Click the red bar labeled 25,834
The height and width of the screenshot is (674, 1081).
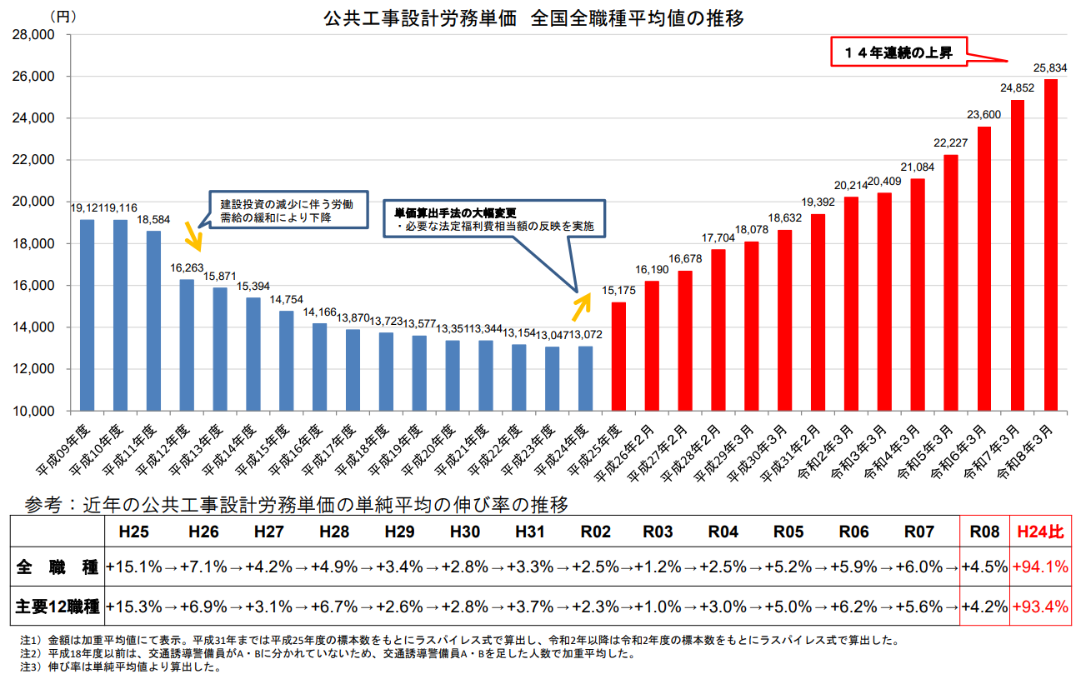tap(1050, 245)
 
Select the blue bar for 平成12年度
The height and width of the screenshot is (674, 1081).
tap(187, 345)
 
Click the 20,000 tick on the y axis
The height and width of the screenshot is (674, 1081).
tap(33, 202)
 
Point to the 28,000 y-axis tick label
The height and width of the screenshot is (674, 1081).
tap(33, 35)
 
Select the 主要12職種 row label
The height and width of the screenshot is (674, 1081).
tap(57, 607)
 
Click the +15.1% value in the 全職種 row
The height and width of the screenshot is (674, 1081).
tap(134, 567)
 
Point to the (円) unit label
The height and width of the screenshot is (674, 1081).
tap(62, 16)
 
